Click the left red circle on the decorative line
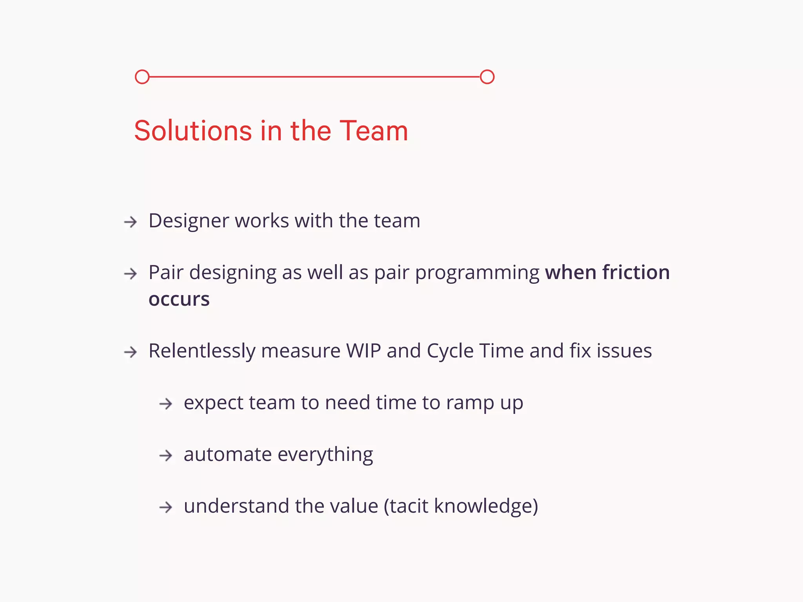(142, 77)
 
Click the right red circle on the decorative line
(487, 77)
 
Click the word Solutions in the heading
(193, 131)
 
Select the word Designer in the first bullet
(189, 221)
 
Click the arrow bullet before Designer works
(131, 222)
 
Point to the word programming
(477, 273)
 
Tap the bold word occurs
(179, 299)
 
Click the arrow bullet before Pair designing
(131, 274)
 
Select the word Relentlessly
(202, 351)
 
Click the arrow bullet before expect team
(166, 404)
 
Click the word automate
(227, 455)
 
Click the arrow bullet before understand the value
(166, 507)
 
